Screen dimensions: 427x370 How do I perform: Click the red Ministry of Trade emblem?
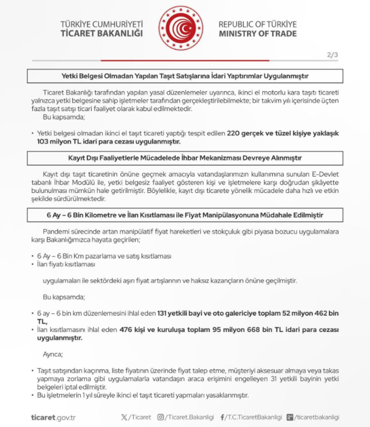181,28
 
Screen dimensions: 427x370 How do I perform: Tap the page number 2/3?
332,55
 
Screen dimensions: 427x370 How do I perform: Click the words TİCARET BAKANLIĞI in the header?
101,33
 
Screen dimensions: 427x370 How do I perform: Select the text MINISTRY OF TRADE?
258,34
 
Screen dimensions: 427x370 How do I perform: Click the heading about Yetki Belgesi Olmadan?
185,76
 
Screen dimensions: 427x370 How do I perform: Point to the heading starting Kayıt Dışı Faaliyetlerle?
185,158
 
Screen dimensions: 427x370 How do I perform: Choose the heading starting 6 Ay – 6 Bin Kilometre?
185,215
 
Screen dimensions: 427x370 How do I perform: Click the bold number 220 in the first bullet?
233,133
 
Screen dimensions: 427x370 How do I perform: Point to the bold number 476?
126,330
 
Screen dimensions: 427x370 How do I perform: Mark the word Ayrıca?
53,354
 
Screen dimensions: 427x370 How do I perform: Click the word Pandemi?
55,231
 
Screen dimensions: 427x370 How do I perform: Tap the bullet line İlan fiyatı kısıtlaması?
66,264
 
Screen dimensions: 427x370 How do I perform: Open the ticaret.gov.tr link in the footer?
53,417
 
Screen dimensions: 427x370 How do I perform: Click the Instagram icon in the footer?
161,417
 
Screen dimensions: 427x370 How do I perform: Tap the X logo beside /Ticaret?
124,417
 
